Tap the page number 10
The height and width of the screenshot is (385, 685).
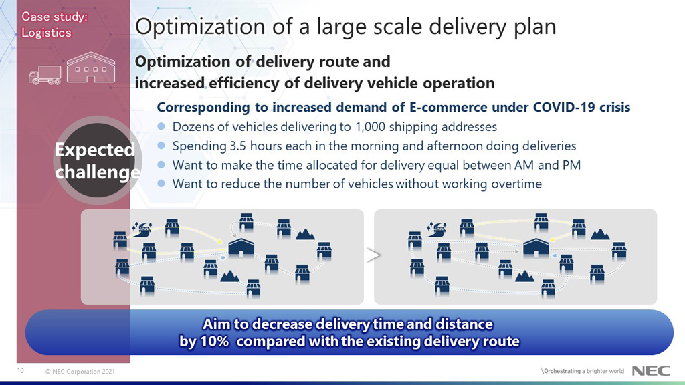click(21, 370)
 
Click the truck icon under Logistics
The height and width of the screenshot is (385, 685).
click(44, 74)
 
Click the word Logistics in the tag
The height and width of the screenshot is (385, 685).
click(46, 33)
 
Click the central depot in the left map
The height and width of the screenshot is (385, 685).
click(241, 247)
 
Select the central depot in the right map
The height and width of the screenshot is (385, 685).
click(536, 246)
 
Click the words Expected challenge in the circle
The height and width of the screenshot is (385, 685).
click(97, 161)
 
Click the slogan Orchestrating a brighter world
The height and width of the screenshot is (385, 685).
click(583, 371)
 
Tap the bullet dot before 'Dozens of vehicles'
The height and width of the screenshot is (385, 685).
click(161, 126)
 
